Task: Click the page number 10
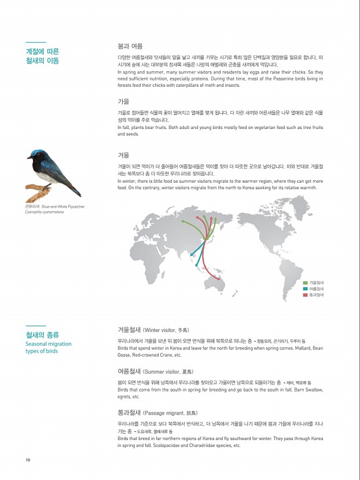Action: pos(28,460)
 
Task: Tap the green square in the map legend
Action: pos(305,282)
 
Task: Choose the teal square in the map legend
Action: pos(305,289)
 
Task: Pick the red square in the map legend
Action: pos(305,295)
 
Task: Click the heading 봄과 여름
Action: pos(130,46)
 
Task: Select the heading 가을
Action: pos(123,101)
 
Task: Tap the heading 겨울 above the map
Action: pos(123,155)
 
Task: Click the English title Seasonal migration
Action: pos(49,344)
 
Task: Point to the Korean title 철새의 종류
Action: pos(42,335)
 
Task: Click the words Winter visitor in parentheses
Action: pos(161,330)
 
